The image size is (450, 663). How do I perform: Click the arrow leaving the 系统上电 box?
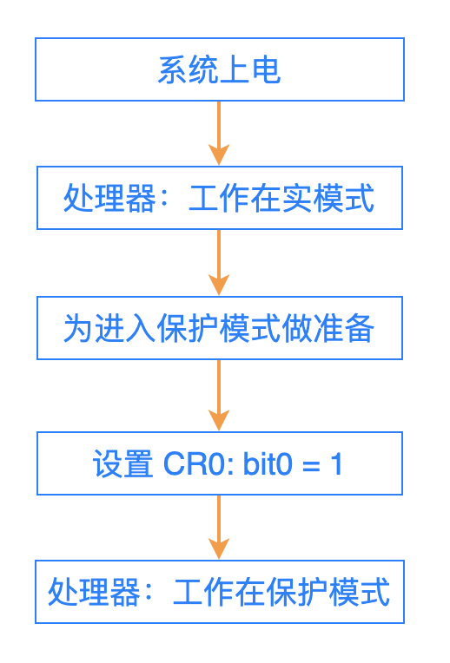click(x=219, y=133)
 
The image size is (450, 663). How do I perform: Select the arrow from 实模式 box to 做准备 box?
click(x=219, y=263)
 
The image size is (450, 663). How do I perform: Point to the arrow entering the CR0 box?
click(x=219, y=396)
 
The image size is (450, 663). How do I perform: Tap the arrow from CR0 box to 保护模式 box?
click(x=219, y=528)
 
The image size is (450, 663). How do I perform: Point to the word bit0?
click(x=268, y=463)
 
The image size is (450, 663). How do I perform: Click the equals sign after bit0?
click(x=311, y=466)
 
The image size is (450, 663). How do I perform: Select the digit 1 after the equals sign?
click(x=336, y=464)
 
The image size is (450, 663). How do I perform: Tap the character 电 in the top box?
click(x=267, y=69)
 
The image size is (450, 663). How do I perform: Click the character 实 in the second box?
click(x=297, y=198)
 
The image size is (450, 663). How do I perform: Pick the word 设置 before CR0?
click(x=122, y=464)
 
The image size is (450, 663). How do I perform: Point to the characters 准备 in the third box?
click(x=344, y=328)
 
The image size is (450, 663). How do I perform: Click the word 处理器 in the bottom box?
click(x=94, y=592)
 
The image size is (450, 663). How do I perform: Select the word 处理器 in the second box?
click(x=109, y=198)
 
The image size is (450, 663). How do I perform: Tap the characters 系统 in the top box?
click(x=189, y=69)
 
